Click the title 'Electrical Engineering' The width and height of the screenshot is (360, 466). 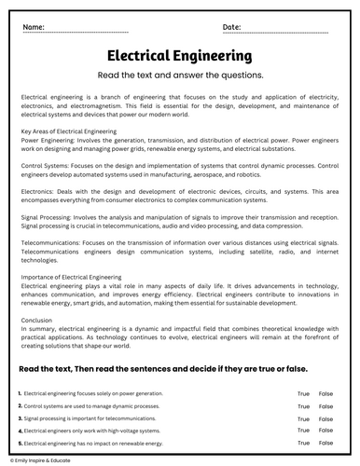pyautogui.click(x=179, y=58)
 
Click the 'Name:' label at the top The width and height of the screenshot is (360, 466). pyautogui.click(x=35, y=27)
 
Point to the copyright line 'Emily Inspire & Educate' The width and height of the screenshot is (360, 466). pyautogui.click(x=42, y=459)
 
